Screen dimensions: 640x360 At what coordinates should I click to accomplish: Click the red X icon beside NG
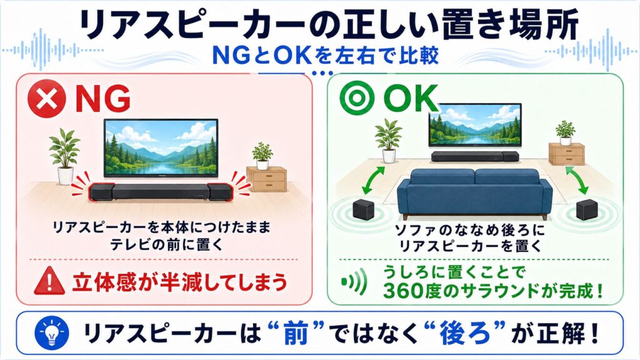click(46, 99)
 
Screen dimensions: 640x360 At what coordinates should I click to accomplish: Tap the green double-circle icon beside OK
click(357, 98)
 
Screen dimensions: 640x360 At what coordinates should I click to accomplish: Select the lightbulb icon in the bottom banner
click(52, 333)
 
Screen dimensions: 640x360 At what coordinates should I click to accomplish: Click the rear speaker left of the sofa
click(363, 209)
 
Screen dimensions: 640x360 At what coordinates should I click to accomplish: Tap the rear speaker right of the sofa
click(586, 210)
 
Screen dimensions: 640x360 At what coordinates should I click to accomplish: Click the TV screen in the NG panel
click(161, 147)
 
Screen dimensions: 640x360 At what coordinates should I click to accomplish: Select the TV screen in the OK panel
click(475, 124)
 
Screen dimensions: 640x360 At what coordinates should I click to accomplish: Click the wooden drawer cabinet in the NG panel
click(266, 179)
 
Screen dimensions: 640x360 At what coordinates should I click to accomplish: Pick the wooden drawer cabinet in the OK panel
click(566, 154)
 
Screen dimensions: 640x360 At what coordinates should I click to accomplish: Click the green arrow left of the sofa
click(374, 181)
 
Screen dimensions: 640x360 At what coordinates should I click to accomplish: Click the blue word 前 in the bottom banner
click(296, 333)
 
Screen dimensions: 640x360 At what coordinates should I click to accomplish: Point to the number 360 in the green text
click(403, 291)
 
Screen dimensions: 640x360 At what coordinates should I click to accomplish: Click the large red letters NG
click(103, 99)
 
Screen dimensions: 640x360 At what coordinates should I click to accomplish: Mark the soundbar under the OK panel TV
click(475, 156)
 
